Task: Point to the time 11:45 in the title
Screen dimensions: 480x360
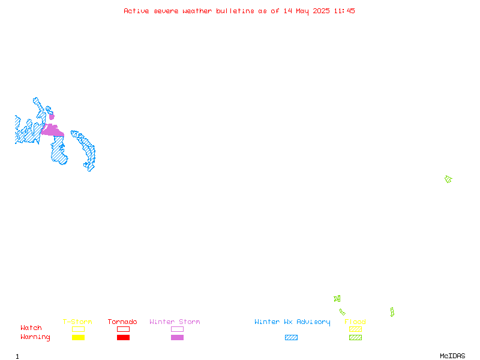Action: coord(344,11)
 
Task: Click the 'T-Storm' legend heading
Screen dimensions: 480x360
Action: coord(77,322)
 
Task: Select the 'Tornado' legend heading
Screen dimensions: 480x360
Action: coord(122,322)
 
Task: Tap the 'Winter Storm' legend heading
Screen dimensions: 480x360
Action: coord(175,322)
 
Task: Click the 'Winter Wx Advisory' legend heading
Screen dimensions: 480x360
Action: coord(292,322)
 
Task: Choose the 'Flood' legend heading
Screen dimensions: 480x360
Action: coord(355,322)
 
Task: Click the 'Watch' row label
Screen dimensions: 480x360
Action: coord(31,328)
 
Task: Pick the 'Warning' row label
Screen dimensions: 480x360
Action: coord(35,337)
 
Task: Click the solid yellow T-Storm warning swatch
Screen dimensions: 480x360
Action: coord(79,337)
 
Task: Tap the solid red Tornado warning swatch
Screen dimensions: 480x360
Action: coord(124,337)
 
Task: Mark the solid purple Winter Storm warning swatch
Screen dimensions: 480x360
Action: coord(177,337)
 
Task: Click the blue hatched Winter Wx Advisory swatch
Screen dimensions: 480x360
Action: coord(291,337)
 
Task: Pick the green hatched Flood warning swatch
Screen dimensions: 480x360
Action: coord(355,337)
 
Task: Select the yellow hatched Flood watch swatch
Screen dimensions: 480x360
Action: coord(355,329)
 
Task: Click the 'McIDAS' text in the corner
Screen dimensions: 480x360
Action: coord(452,356)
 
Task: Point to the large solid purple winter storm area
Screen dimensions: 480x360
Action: coord(53,131)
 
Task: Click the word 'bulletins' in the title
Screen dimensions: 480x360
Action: coord(235,11)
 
